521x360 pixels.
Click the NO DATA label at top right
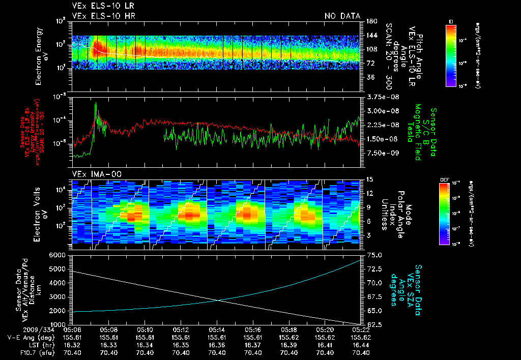(x=342, y=16)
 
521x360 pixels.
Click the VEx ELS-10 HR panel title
(x=103, y=16)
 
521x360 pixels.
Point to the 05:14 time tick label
(x=217, y=329)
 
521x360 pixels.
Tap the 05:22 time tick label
(x=361, y=329)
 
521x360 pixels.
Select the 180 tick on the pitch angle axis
(x=370, y=21)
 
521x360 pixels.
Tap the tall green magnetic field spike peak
(x=96, y=104)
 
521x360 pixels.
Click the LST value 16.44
(x=361, y=345)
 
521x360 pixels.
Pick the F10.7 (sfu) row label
(x=20, y=352)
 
